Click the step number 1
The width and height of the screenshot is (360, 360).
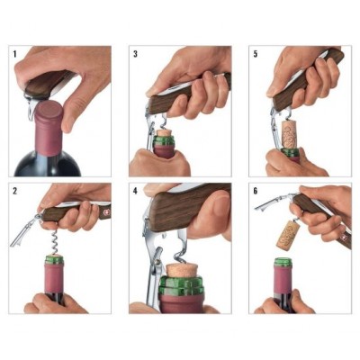(15, 54)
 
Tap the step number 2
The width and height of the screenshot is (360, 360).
(15, 192)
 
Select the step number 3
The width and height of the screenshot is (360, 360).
(136, 54)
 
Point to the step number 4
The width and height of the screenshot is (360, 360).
(136, 192)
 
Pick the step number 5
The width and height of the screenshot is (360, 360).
(256, 54)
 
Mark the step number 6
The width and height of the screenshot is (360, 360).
(256, 192)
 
